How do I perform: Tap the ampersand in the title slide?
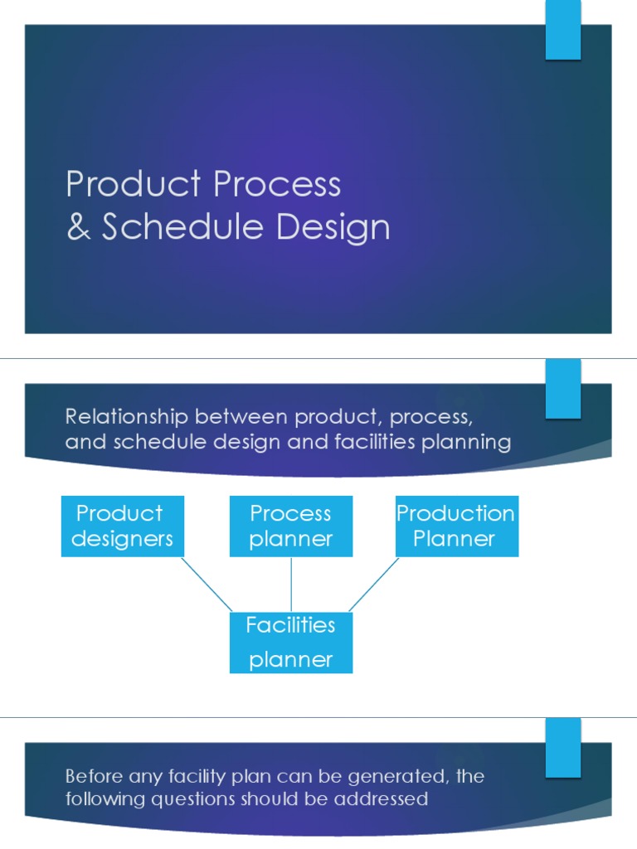(x=79, y=227)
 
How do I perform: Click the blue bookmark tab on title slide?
(x=562, y=30)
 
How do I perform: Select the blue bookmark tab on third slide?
(x=562, y=747)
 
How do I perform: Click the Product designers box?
(x=122, y=526)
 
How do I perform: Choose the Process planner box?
(x=291, y=526)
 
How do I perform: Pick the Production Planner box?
(x=455, y=526)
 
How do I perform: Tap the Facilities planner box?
(x=291, y=642)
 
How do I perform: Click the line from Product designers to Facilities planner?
(x=207, y=584)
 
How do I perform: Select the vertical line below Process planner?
(x=291, y=584)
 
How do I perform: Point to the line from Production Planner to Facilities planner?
(x=374, y=584)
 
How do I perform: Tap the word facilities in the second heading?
(x=376, y=442)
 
